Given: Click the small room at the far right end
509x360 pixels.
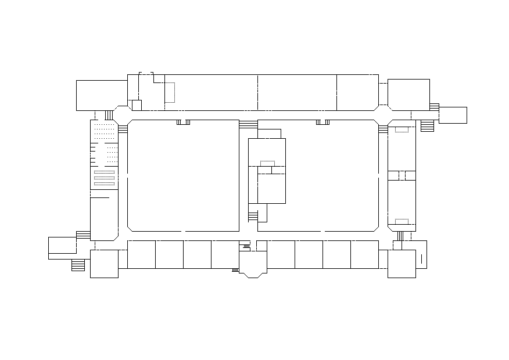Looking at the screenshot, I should [453, 115].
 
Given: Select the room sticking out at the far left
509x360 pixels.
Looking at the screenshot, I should [62, 247].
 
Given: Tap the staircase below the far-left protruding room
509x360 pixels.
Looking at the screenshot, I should [78, 265].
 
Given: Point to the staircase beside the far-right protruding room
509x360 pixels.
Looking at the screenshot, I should [427, 125].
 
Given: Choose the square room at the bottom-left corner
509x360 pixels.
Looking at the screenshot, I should [104, 264].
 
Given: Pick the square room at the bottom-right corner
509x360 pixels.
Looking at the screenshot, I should [402, 264].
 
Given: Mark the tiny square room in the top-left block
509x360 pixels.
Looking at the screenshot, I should [137, 105].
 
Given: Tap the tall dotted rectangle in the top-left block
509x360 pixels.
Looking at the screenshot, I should [170, 92].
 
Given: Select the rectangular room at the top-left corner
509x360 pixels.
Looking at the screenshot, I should [102, 95].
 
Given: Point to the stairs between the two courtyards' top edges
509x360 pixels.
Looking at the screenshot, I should [248, 124].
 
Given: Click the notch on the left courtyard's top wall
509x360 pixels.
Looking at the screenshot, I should [183, 122].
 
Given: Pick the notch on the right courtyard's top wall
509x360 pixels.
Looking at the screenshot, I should [323, 122].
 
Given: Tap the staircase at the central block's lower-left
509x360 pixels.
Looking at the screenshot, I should [253, 216].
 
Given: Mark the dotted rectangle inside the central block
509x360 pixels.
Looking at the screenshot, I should [267, 163].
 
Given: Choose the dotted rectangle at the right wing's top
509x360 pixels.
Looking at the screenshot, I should [402, 129].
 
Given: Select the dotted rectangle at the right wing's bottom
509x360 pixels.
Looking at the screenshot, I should [402, 221].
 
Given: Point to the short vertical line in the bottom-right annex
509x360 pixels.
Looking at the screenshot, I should [421, 259].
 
